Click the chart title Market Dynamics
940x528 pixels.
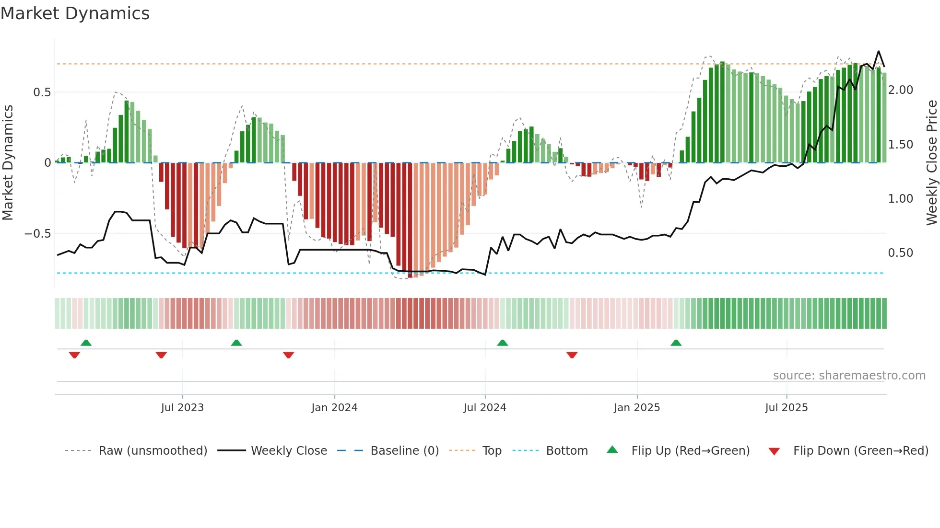(x=75, y=13)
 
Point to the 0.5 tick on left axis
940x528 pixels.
(x=42, y=92)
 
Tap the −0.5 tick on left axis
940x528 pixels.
(x=38, y=234)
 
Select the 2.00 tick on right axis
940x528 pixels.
(x=900, y=90)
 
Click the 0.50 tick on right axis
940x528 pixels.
(x=900, y=253)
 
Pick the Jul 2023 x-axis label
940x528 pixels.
(x=182, y=408)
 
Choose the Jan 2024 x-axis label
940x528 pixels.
(x=334, y=408)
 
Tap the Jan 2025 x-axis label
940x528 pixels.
(x=636, y=408)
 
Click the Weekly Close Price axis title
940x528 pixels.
(x=931, y=163)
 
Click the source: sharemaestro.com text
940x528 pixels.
(x=849, y=376)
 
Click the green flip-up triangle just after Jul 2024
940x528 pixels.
(x=502, y=343)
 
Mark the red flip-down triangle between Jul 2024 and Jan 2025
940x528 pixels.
(x=572, y=355)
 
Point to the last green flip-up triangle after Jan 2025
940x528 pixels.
(x=676, y=343)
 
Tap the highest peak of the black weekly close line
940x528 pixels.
(x=879, y=51)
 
